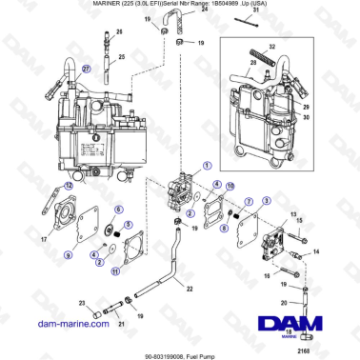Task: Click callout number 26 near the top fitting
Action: coord(119,31)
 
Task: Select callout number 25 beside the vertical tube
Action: coord(120,57)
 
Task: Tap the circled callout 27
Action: coord(87,70)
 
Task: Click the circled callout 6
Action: coord(117,209)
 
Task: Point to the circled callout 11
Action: coord(115,272)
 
